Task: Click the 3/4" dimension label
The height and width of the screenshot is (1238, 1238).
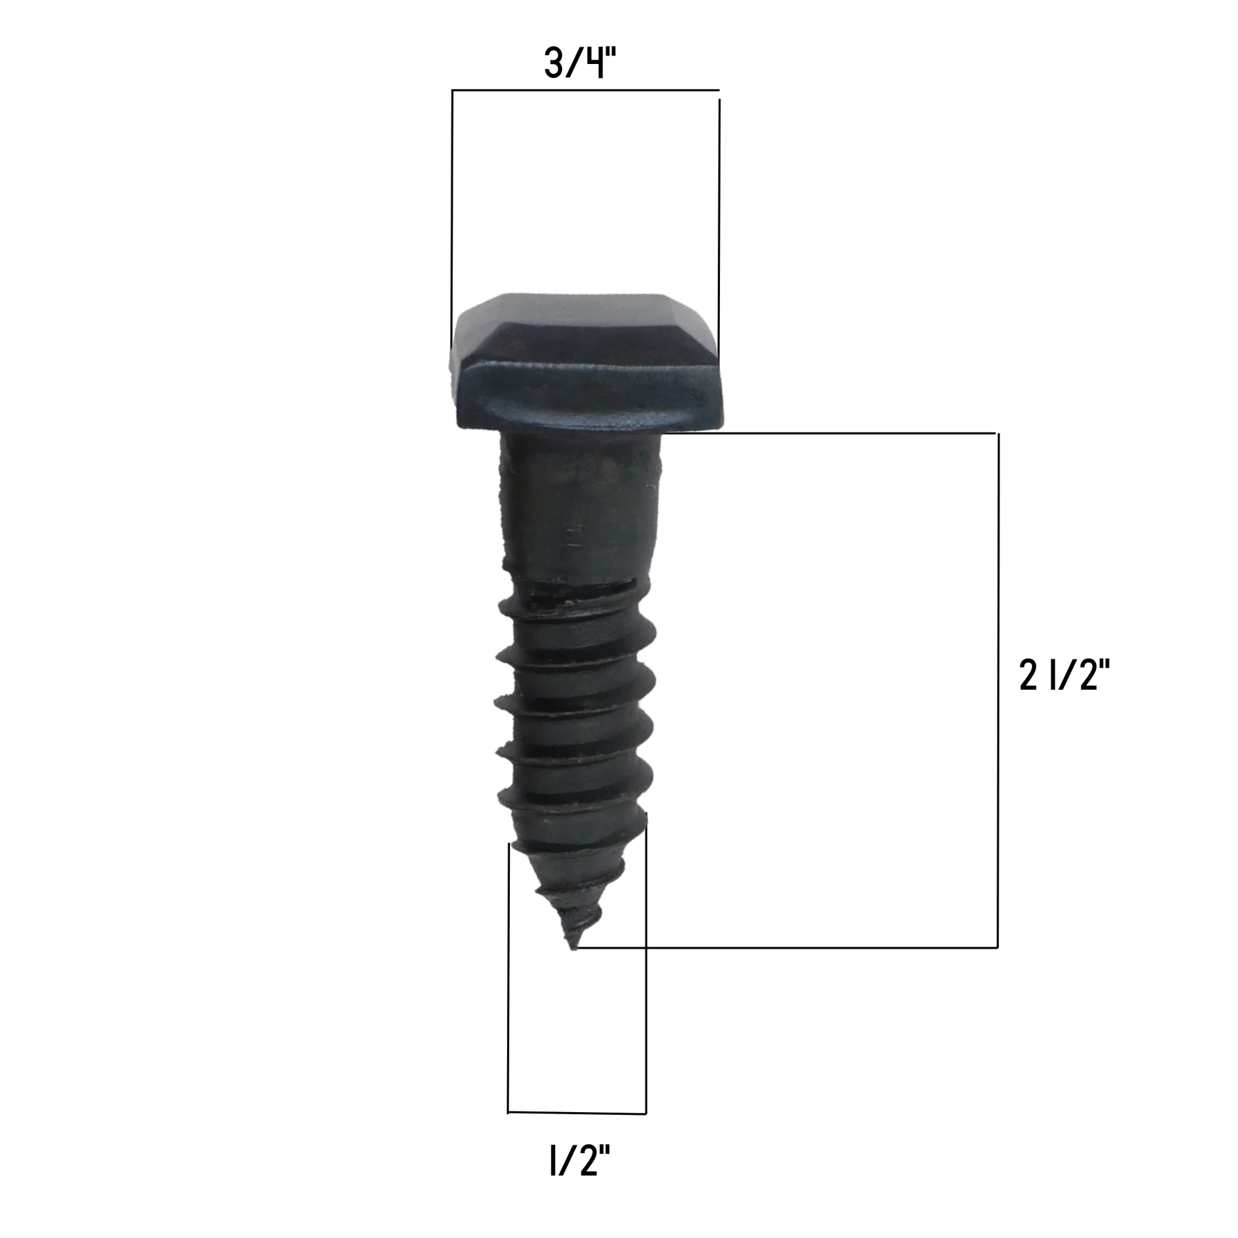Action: [x=580, y=64]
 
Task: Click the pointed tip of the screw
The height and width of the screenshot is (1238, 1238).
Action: [x=572, y=947]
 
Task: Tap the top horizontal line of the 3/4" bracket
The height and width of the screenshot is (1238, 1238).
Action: [x=586, y=90]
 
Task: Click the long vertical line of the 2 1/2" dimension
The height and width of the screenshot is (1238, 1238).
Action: [x=998, y=690]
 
